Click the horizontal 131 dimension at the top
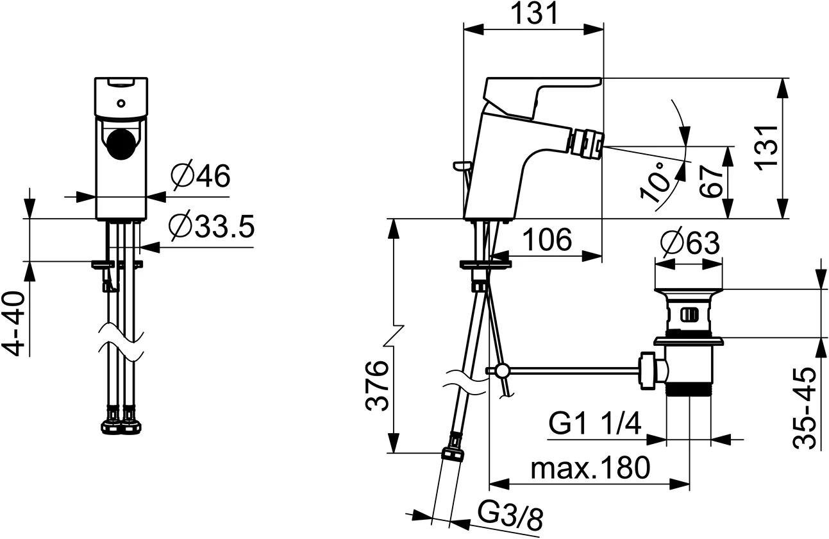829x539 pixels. click(x=533, y=13)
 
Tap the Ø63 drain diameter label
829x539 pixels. click(x=690, y=244)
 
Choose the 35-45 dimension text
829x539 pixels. click(x=805, y=407)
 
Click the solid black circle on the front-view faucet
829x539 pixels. click(x=121, y=142)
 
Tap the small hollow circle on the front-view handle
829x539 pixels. click(x=121, y=103)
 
